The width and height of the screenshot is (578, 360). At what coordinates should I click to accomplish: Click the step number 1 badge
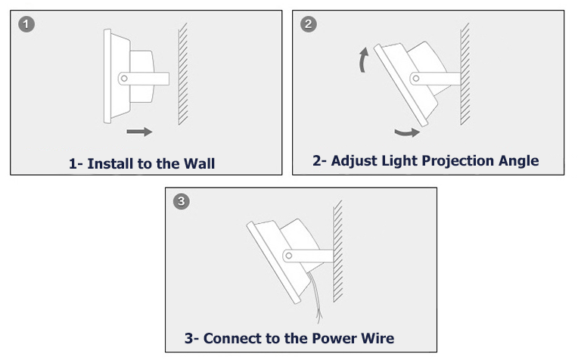tap(26, 25)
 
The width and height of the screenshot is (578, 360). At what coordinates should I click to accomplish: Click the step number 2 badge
tap(308, 25)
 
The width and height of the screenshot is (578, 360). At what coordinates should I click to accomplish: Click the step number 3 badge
tap(182, 202)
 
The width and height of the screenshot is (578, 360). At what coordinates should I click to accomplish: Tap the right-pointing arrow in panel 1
tap(139, 132)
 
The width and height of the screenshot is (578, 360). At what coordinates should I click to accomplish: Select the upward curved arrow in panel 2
tap(365, 60)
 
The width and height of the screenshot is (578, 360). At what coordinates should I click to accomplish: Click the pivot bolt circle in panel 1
tap(123, 77)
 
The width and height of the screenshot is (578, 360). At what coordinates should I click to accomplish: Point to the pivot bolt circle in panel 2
tap(415, 78)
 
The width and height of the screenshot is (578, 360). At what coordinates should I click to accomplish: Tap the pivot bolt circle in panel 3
tap(289, 256)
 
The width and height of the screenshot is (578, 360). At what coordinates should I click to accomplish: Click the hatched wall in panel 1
tap(182, 74)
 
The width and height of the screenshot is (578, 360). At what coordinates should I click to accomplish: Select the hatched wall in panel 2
tap(465, 74)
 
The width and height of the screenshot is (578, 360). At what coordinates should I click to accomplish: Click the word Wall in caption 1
tap(198, 163)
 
